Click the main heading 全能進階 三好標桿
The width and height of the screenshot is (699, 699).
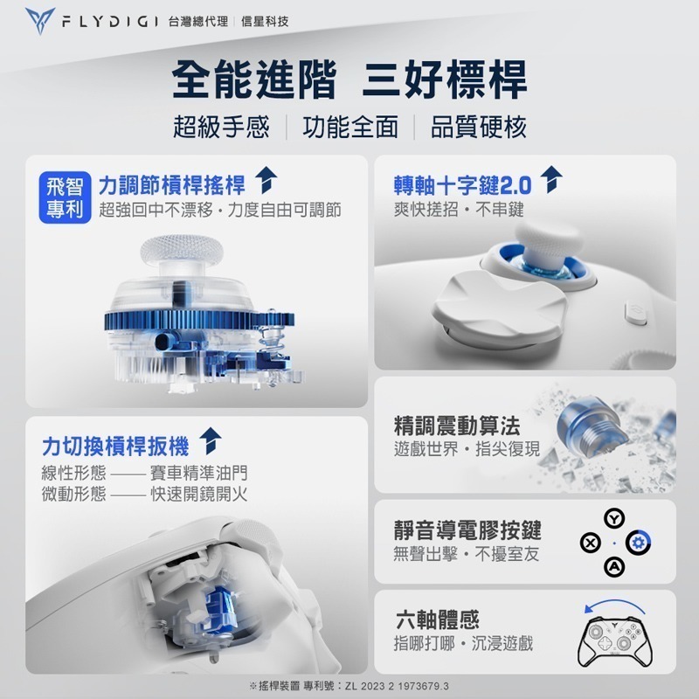(x=349, y=81)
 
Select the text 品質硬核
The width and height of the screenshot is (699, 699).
(x=479, y=129)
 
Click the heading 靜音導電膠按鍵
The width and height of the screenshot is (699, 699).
(x=467, y=530)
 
